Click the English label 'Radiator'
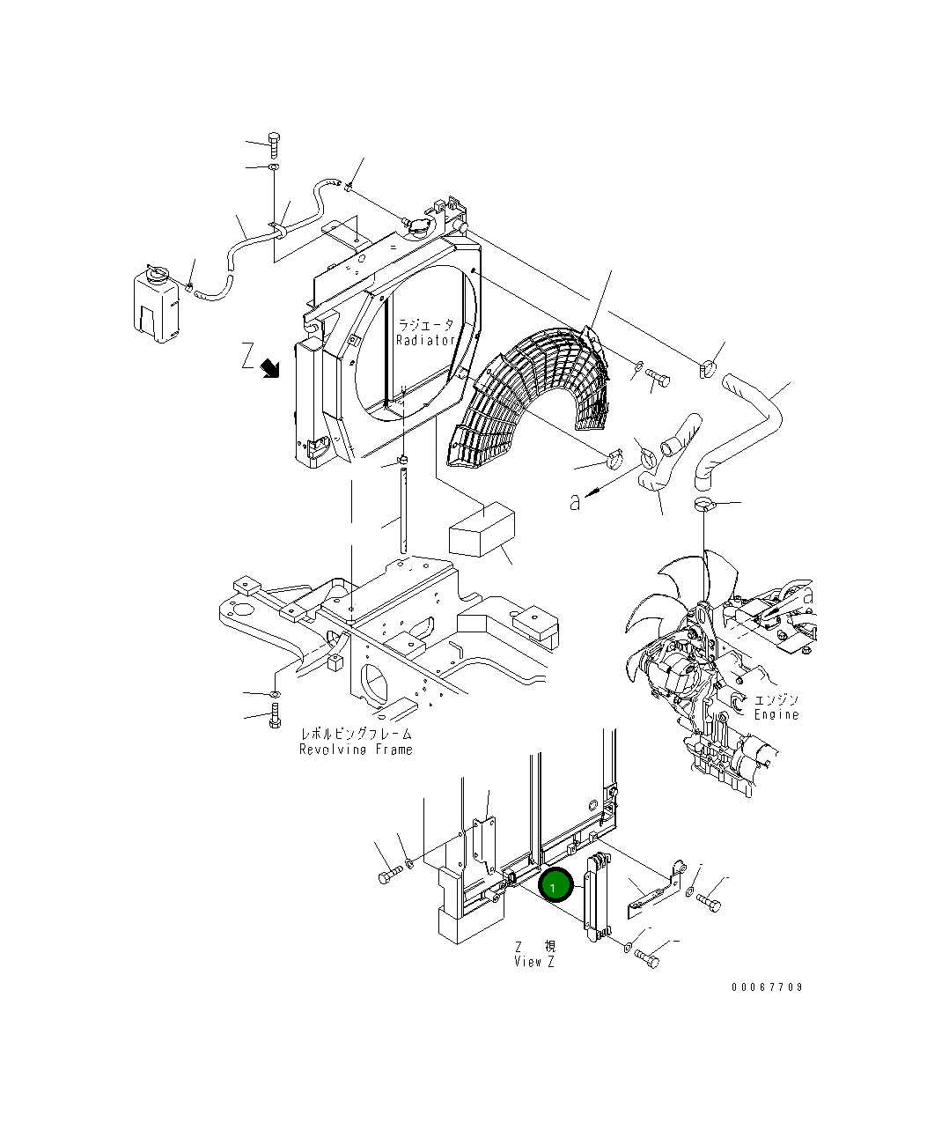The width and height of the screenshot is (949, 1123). pos(426,340)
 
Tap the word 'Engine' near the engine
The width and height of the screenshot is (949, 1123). pos(776,714)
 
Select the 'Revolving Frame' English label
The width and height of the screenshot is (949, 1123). pos(356,750)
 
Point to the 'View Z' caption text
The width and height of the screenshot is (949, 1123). pos(534,962)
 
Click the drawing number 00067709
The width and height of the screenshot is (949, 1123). pos(767,987)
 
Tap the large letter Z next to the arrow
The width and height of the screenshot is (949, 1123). pos(247,358)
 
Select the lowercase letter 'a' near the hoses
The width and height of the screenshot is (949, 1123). pos(575,502)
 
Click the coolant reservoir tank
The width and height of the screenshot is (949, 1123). pos(158,303)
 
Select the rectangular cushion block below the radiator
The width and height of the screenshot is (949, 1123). pos(482,529)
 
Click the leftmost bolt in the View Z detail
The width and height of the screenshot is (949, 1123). pos(390,875)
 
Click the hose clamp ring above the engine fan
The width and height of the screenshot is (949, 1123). pos(704,504)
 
